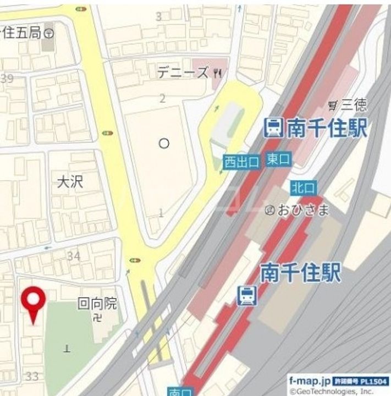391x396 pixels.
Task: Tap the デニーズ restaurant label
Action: pyautogui.click(x=183, y=72)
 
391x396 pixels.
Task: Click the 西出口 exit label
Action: pyautogui.click(x=241, y=162)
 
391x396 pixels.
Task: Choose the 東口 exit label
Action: pyautogui.click(x=278, y=159)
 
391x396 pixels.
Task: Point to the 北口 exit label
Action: pyautogui.click(x=303, y=188)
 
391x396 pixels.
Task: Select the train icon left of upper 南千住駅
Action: pyautogui.click(x=273, y=128)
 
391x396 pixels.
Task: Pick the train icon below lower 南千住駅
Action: pyautogui.click(x=247, y=296)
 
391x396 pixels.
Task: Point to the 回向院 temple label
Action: pyautogui.click(x=97, y=303)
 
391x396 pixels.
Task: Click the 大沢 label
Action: pyautogui.click(x=70, y=182)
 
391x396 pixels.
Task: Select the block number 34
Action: pyautogui.click(x=74, y=256)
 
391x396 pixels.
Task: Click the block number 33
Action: pyautogui.click(x=32, y=377)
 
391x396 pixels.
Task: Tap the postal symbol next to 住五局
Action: pyautogui.click(x=49, y=33)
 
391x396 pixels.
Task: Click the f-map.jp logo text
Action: pyautogui.click(x=309, y=381)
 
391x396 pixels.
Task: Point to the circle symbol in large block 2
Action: pyautogui.click(x=163, y=144)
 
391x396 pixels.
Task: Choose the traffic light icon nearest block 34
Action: pyautogui.click(x=135, y=260)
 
